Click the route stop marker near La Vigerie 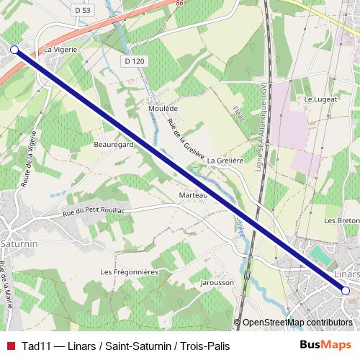click(15, 49)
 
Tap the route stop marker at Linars click(346, 291)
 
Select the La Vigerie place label click(60, 50)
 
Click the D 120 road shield click(134, 62)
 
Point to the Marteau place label click(193, 194)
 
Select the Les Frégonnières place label click(130, 271)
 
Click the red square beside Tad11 click(10, 346)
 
